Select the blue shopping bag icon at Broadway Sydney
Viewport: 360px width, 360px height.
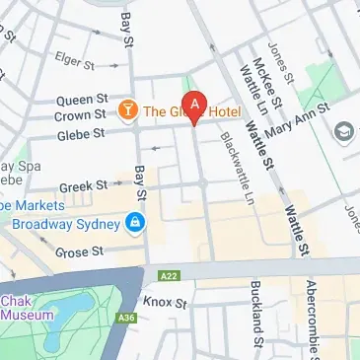click(x=135, y=225)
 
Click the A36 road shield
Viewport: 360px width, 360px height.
click(x=125, y=318)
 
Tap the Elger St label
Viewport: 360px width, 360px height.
click(x=75, y=59)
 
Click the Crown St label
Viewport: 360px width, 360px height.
click(x=79, y=115)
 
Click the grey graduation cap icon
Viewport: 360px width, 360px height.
click(x=344, y=131)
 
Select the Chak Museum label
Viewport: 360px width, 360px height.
click(x=27, y=308)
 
